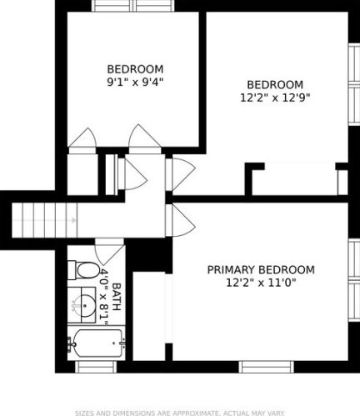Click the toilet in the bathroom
pyautogui.click(x=83, y=270)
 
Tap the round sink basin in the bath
pyautogui.click(x=86, y=305)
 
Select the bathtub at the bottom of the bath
pyautogui.click(x=96, y=343)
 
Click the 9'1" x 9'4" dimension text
pyautogui.click(x=135, y=82)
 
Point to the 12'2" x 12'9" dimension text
pyautogui.click(x=275, y=98)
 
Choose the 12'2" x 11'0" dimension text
pyautogui.click(x=261, y=283)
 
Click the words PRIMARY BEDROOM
pyautogui.click(x=261, y=269)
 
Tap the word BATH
pyautogui.click(x=117, y=297)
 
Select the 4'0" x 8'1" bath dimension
pyautogui.click(x=103, y=297)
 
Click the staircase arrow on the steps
pyautogui.click(x=45, y=220)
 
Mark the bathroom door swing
pyautogui.click(x=109, y=252)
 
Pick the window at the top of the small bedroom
pyautogui.click(x=133, y=6)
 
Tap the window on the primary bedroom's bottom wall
pyautogui.click(x=267, y=367)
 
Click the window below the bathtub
pyautogui.click(x=96, y=367)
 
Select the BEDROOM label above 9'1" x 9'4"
pyautogui.click(x=135, y=69)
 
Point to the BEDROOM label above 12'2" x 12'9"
pyautogui.click(x=275, y=84)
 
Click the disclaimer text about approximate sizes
pyautogui.click(x=180, y=413)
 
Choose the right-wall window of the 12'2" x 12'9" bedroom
pyautogui.click(x=354, y=84)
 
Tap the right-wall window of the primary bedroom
pyautogui.click(x=354, y=280)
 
